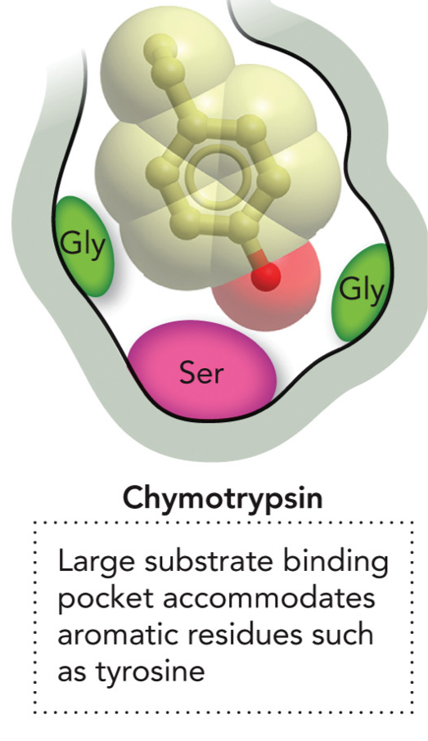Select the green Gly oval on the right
coord(361,291)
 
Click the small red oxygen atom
coord(265,276)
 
